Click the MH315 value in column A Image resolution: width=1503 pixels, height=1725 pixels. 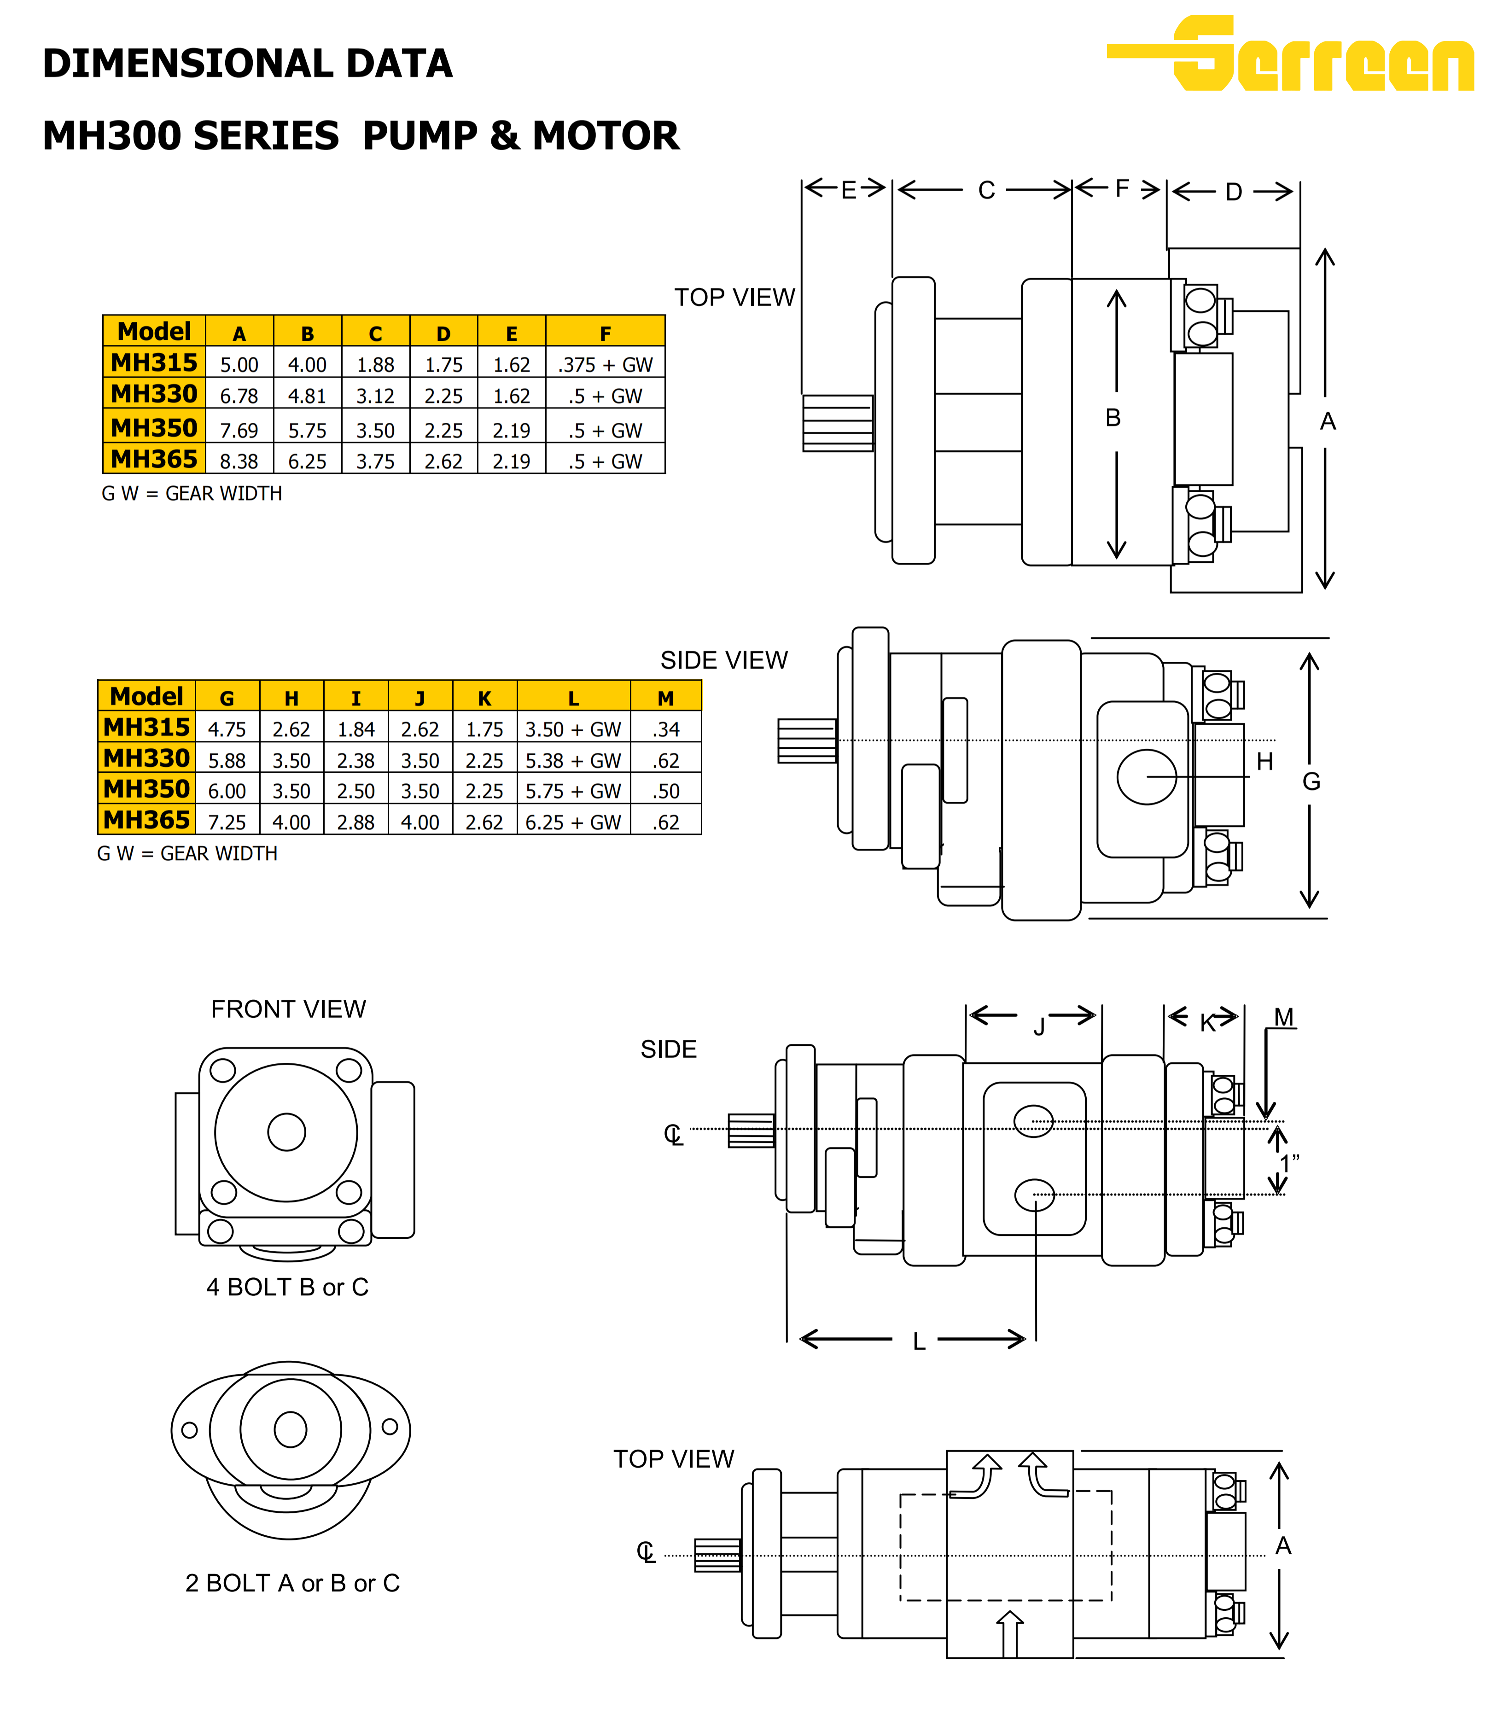[x=239, y=365]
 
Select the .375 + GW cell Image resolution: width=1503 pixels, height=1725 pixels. [x=605, y=365]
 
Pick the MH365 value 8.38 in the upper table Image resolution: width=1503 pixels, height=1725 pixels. [x=239, y=461]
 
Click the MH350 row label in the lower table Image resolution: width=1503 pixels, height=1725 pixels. [x=147, y=789]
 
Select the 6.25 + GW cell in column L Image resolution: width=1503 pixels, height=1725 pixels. [x=573, y=822]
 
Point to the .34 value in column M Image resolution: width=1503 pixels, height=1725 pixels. [x=666, y=729]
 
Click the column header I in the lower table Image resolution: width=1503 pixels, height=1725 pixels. [x=355, y=699]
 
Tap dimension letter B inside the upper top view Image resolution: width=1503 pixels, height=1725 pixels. [x=1113, y=418]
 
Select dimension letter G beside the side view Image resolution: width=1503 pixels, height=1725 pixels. [x=1311, y=781]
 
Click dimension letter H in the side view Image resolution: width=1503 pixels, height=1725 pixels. [x=1265, y=762]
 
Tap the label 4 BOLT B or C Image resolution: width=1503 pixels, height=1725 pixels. [x=288, y=1287]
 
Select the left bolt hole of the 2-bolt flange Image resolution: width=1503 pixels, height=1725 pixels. [x=190, y=1430]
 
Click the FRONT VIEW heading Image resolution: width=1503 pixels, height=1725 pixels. [x=288, y=1009]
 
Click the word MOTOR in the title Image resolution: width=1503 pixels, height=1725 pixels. [x=606, y=136]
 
